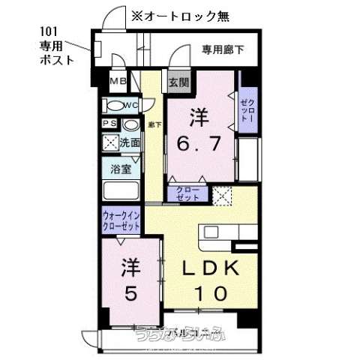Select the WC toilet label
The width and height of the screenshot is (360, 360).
point(129,105)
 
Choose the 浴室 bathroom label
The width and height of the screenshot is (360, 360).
point(121,169)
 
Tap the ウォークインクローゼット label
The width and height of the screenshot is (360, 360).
point(121,221)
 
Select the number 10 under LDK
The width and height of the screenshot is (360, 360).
point(211,295)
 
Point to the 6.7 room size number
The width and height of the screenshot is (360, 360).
point(198,142)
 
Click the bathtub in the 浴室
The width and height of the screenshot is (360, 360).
point(121,191)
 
